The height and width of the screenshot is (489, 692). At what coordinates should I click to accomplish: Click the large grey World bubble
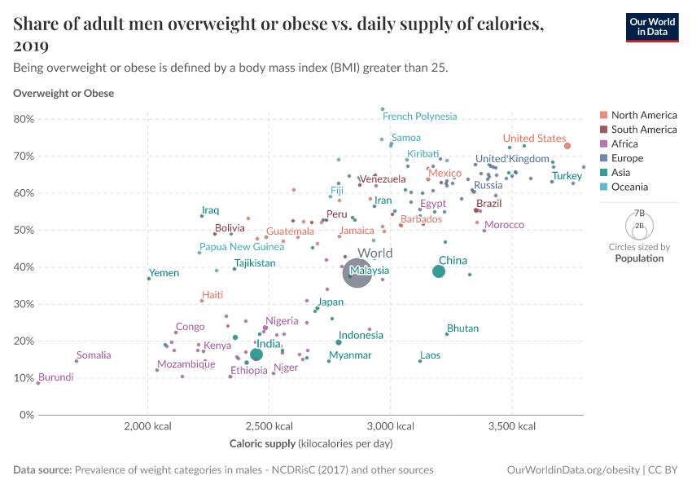point(357,274)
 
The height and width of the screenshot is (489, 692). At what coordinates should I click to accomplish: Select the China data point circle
point(438,271)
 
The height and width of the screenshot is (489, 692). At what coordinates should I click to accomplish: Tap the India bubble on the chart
point(256,355)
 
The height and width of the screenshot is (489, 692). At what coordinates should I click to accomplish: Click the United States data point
point(567,146)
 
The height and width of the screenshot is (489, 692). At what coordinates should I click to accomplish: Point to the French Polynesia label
point(420,117)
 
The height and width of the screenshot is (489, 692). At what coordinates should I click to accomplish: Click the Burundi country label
point(56,377)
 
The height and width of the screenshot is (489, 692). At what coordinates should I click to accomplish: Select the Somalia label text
point(94,355)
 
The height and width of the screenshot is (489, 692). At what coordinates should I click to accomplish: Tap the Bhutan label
point(462,328)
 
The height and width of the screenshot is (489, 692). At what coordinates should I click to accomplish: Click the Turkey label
point(567,176)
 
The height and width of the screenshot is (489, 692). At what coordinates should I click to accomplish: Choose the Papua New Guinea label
point(242,247)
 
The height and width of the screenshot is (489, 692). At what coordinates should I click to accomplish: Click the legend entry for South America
point(638,130)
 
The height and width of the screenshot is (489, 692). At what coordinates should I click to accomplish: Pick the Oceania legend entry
point(624,187)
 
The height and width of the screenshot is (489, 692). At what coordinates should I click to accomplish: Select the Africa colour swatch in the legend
point(604,144)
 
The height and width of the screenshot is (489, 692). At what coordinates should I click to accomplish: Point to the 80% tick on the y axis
point(24,119)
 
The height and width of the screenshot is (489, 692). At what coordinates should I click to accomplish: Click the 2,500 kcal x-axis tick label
point(269,426)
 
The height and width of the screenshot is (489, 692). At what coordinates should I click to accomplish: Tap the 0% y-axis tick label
point(27,415)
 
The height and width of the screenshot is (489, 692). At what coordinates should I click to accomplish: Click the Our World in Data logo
point(652,28)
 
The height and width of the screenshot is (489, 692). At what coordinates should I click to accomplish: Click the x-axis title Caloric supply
point(263,443)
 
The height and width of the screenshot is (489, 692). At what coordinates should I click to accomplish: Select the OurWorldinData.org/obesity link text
point(573,469)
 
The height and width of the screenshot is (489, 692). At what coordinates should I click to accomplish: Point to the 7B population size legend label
point(639,213)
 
